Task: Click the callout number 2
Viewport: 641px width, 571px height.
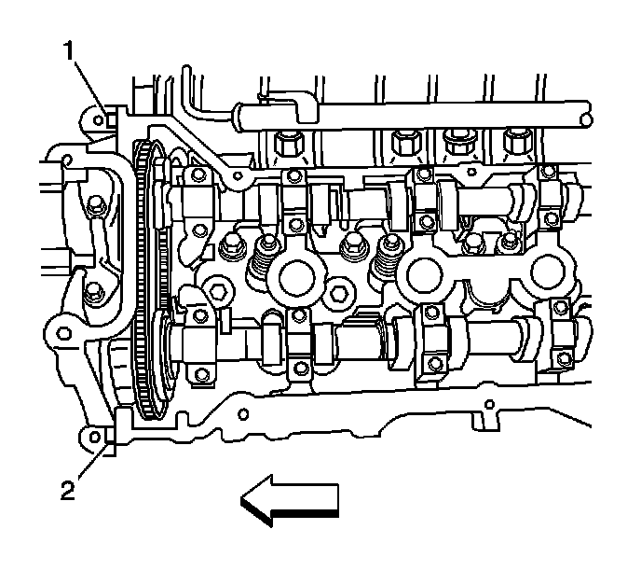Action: point(68,486)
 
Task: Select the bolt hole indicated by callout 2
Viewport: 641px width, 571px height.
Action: point(93,436)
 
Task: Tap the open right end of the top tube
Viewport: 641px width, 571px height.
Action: point(585,117)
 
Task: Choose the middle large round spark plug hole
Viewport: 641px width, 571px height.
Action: point(427,275)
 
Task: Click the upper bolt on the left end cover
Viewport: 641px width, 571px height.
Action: point(94,203)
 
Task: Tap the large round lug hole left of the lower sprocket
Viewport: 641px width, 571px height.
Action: point(57,330)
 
